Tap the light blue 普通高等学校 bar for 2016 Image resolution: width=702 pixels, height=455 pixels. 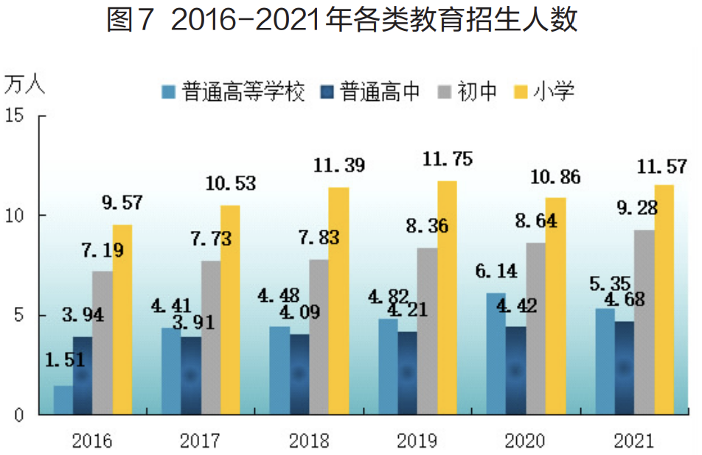point(63,399)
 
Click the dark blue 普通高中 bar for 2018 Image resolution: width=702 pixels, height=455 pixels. point(299,374)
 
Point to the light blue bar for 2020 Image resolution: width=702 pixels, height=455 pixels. point(496,353)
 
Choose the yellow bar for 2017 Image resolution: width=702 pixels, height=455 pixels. point(230,309)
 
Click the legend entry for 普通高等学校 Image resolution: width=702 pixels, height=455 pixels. point(233,92)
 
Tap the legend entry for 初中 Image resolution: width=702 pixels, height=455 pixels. point(468,92)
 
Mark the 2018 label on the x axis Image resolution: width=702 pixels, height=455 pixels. point(309,441)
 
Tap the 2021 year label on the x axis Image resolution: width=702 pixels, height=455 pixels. point(633,441)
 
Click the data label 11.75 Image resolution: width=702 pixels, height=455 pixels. point(447,159)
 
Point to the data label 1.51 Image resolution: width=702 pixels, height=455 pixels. point(65,360)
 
